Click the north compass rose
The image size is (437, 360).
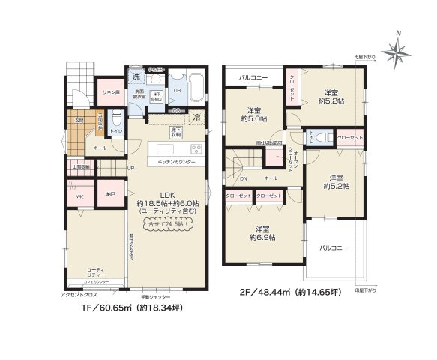(395, 50)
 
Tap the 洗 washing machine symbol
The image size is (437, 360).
(136, 76)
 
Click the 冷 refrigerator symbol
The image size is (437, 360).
(196, 118)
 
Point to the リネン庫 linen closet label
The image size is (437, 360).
(111, 90)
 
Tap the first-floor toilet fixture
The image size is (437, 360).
(116, 119)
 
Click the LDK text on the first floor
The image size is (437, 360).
(166, 194)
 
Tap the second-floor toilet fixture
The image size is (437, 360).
(322, 137)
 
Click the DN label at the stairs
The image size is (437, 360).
(242, 178)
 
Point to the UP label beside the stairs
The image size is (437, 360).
(130, 168)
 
